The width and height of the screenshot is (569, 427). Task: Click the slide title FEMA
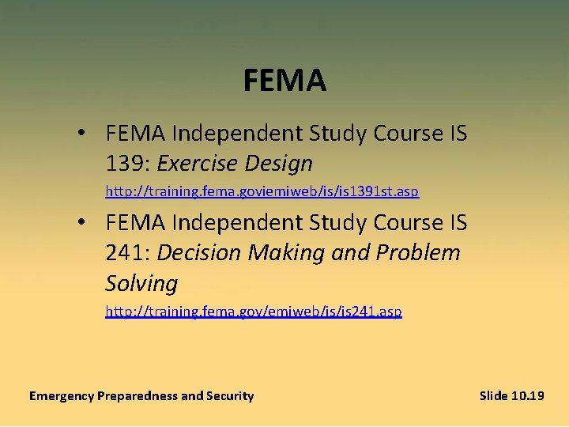[x=284, y=81]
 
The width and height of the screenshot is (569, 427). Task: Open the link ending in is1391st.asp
[x=262, y=191]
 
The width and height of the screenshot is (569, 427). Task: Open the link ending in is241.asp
[x=254, y=312]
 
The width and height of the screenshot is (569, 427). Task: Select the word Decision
[x=199, y=253]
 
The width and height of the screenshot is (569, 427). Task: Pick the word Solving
[x=141, y=283]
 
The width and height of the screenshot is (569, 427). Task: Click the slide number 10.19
[x=527, y=395]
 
